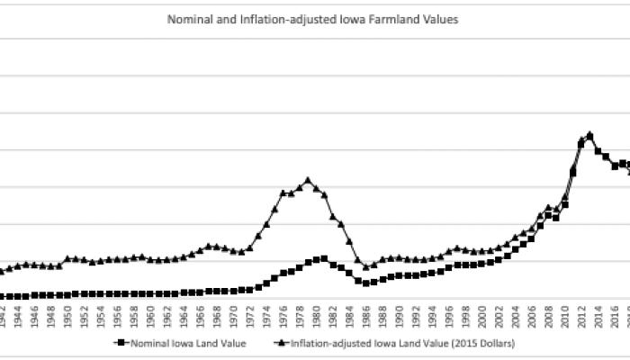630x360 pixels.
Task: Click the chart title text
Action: point(314,18)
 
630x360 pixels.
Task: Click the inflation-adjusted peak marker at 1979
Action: point(308,180)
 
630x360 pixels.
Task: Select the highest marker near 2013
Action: point(589,135)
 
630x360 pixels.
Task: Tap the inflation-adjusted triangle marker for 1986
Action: point(365,266)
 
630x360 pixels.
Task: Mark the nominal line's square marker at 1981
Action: point(324,258)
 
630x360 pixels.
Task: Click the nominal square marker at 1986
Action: point(365,283)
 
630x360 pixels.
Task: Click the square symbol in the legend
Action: point(118,342)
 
